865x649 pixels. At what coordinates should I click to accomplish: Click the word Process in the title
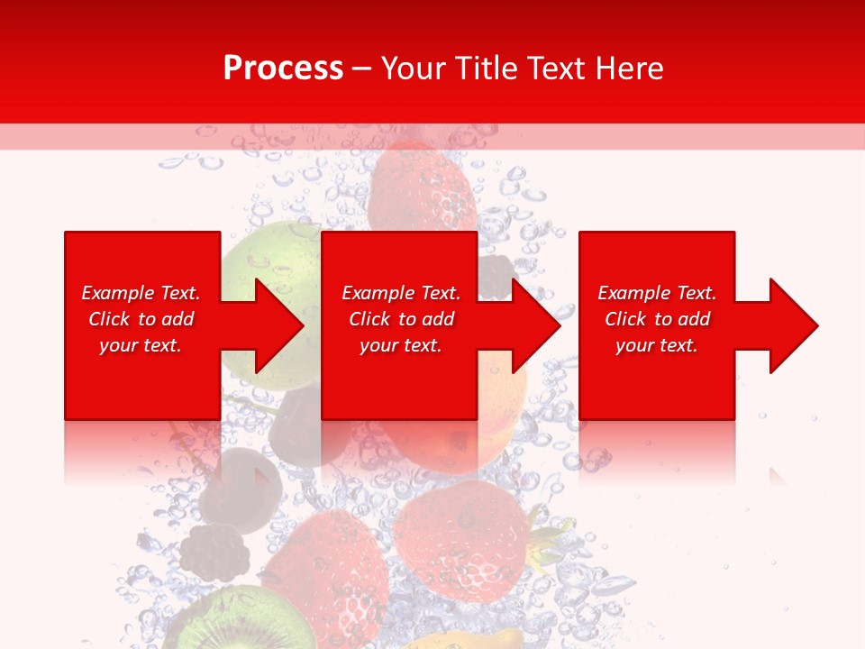(x=283, y=69)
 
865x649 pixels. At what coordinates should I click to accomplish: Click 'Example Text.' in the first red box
(x=141, y=293)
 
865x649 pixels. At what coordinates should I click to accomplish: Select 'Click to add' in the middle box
(x=401, y=319)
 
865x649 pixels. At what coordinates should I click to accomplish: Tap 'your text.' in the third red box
(x=657, y=345)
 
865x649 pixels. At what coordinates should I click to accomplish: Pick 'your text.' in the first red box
(x=141, y=345)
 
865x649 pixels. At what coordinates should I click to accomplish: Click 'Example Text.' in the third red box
(x=657, y=293)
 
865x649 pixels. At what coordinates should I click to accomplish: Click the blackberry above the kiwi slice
(x=214, y=552)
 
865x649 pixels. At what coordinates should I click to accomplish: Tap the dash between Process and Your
(x=362, y=69)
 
